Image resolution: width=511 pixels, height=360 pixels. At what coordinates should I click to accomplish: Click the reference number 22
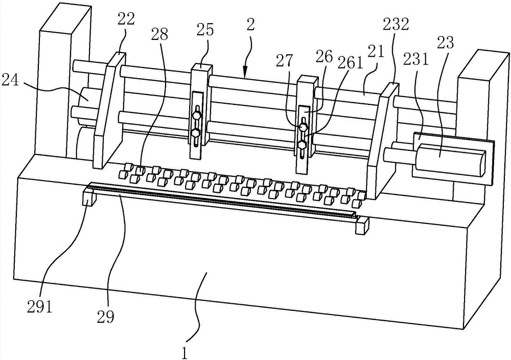pyautogui.click(x=126, y=20)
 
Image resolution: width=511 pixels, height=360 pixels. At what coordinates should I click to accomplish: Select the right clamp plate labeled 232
pyautogui.click(x=382, y=141)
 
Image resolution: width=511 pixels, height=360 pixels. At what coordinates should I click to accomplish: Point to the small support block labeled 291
pyautogui.click(x=89, y=196)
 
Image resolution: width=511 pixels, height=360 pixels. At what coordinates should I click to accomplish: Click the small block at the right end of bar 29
pyautogui.click(x=362, y=226)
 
